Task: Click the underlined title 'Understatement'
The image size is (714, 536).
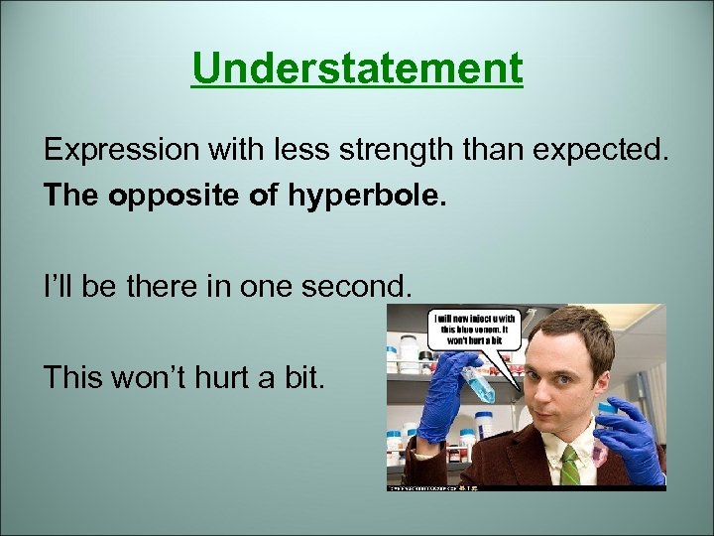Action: click(357, 68)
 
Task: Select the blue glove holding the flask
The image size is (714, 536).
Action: click(441, 407)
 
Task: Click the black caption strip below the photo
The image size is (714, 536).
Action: click(526, 487)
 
